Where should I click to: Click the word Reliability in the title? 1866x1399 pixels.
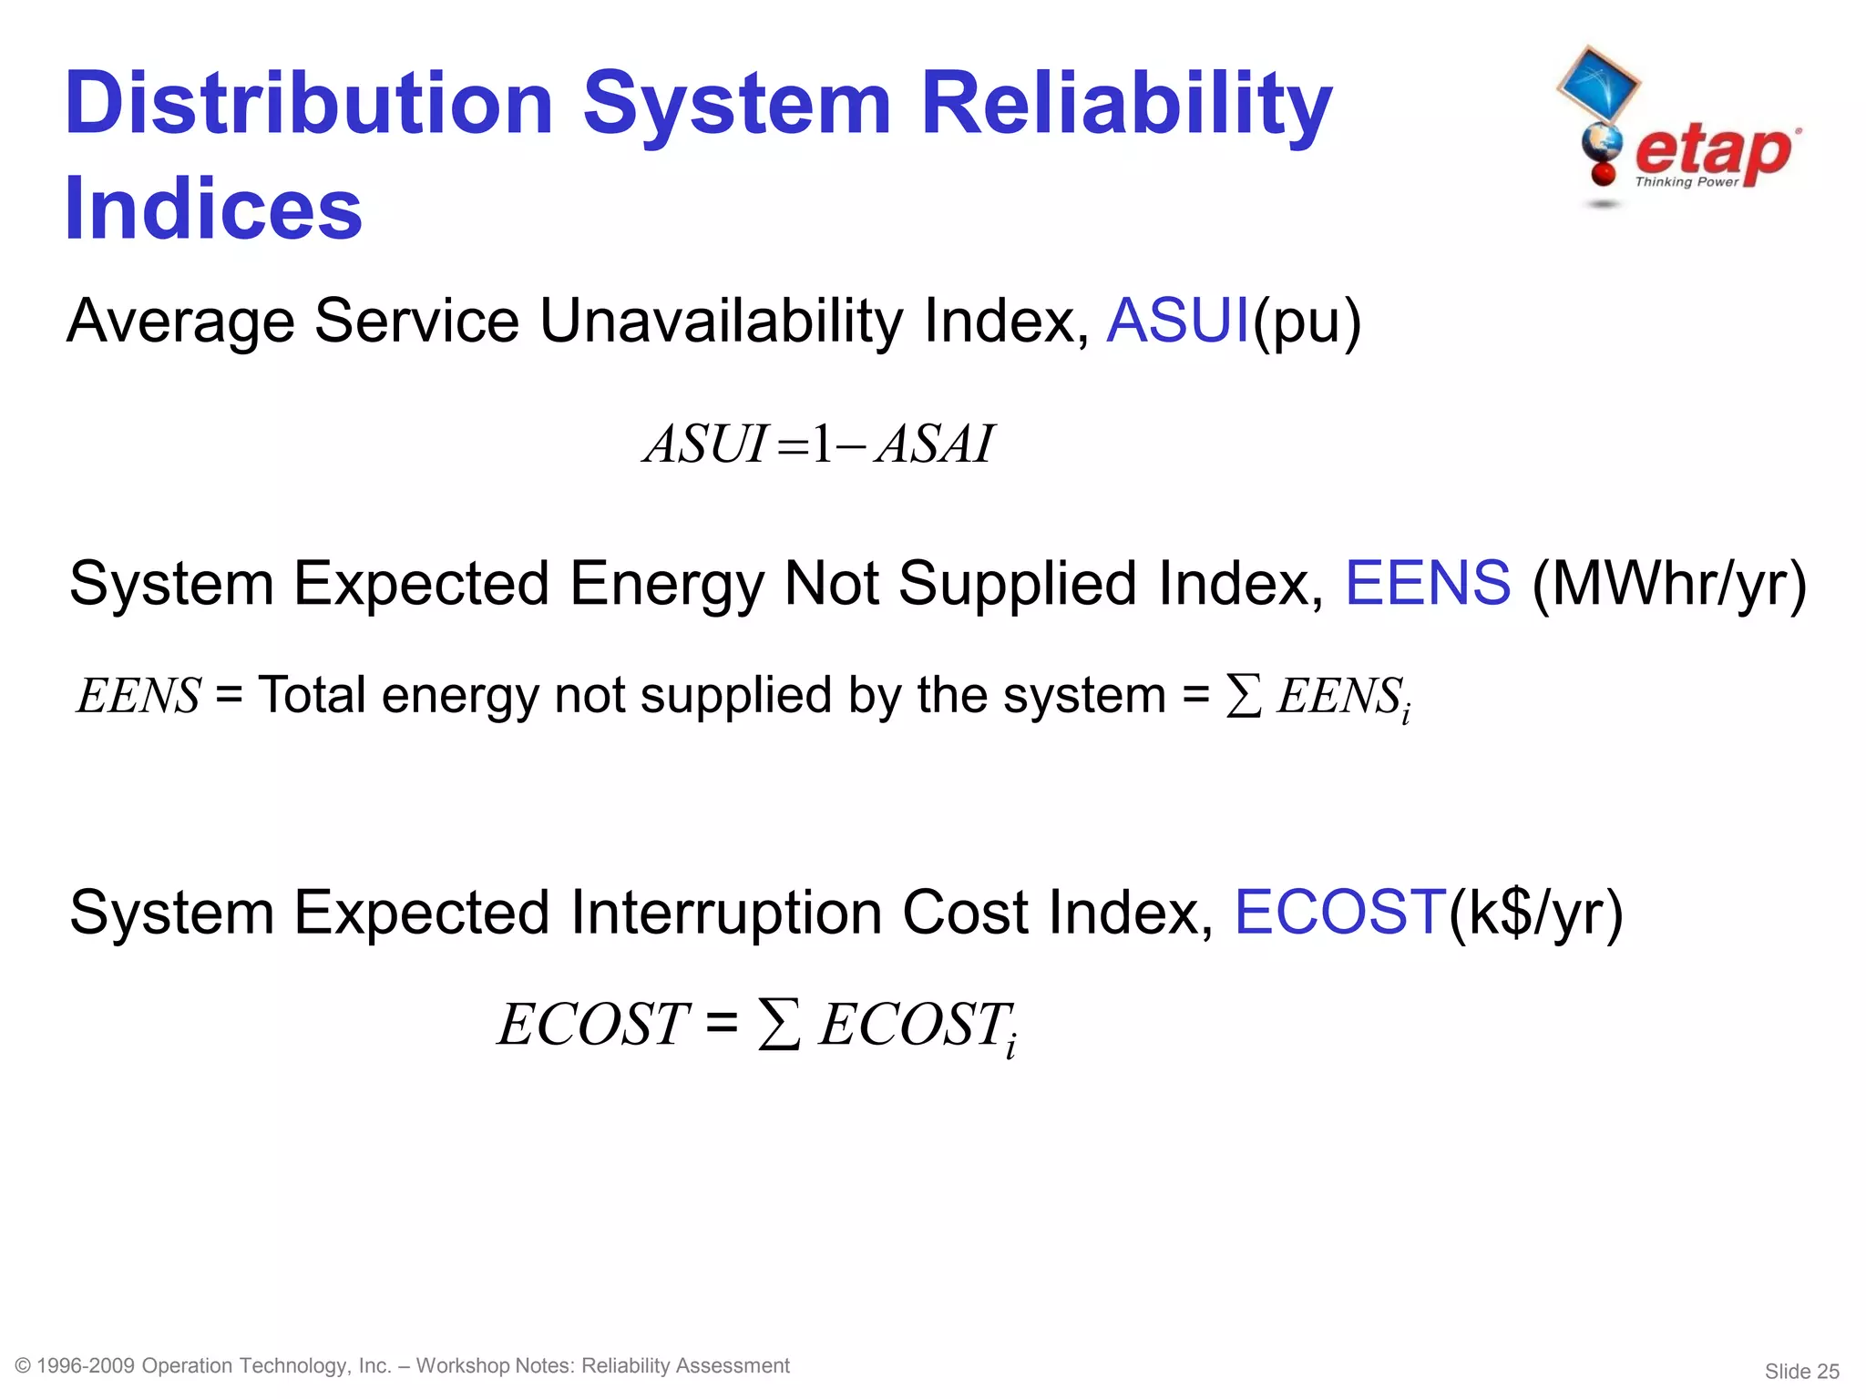[1126, 106]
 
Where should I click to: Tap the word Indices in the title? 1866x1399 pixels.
[213, 209]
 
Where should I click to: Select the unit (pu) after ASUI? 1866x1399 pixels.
[1307, 322]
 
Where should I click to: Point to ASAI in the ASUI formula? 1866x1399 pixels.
[934, 444]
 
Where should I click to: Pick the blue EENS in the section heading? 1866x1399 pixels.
[1428, 583]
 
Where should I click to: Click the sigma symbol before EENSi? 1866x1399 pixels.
[1244, 697]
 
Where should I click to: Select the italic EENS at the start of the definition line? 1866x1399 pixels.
[138, 697]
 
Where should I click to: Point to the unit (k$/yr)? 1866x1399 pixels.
[1536, 914]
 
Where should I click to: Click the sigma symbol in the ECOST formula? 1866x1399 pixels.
[779, 1025]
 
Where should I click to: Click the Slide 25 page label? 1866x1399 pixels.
[1801, 1371]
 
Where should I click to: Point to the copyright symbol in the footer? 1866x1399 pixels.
[24, 1365]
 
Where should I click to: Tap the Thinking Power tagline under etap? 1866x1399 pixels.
[1687, 182]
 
